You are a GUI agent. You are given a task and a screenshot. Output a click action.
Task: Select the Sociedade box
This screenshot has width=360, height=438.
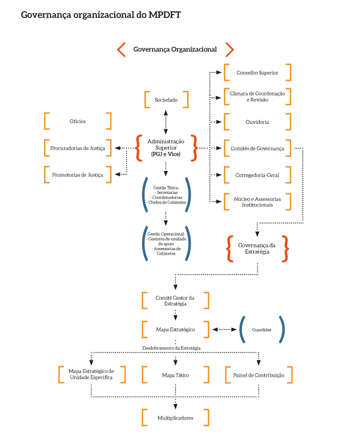click(x=166, y=100)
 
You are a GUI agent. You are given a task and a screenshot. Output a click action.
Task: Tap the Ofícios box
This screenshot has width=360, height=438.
click(x=78, y=121)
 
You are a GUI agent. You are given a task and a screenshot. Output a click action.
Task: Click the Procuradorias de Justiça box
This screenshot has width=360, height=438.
click(x=78, y=148)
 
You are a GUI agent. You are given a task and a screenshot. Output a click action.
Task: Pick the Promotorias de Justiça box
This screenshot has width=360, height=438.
click(x=78, y=175)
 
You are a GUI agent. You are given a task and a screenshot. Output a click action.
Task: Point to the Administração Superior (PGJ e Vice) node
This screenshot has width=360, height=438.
click(x=166, y=147)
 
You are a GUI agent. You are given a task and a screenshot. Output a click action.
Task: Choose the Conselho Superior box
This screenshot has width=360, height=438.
click(x=257, y=73)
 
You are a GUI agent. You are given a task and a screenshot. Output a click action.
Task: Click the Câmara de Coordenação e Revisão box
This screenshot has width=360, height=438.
click(x=257, y=96)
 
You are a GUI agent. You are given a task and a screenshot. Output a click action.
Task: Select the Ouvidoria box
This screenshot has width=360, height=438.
click(x=257, y=121)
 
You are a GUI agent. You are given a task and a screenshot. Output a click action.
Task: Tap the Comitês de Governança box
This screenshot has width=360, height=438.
click(x=257, y=148)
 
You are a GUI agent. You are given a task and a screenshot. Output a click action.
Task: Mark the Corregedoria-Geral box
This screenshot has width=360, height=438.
click(x=257, y=175)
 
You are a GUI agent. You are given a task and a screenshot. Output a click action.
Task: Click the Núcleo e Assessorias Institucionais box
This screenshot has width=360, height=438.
click(x=257, y=201)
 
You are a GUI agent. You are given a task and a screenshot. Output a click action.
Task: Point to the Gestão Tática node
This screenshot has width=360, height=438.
click(x=166, y=193)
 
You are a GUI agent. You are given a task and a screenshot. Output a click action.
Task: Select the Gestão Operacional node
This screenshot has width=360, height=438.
click(x=166, y=243)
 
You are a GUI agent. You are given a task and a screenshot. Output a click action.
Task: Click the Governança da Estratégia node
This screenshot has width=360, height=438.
click(x=257, y=249)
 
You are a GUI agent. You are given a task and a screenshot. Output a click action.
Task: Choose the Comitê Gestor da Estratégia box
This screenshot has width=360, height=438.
click(x=175, y=300)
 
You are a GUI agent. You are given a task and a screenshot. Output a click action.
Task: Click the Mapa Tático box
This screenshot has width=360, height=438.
click(x=175, y=374)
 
